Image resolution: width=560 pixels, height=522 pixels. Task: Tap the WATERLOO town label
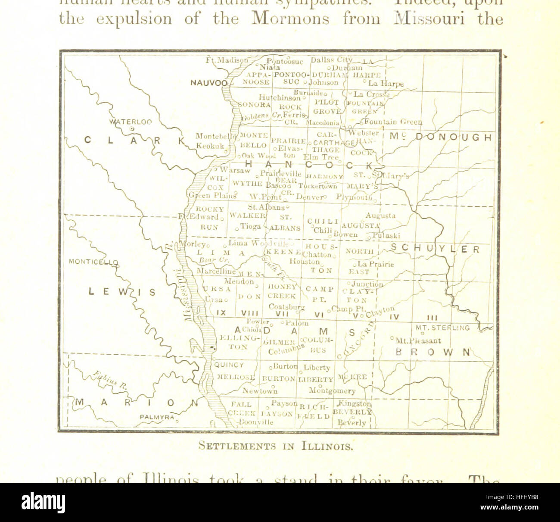pyautogui.click(x=131, y=122)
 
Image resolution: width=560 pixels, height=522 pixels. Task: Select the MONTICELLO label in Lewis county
pyautogui.click(x=93, y=262)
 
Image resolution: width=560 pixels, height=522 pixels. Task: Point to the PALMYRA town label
pyautogui.click(x=157, y=417)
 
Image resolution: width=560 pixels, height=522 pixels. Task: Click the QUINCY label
pyautogui.click(x=229, y=365)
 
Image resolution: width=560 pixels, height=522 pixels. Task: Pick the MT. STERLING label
pyautogui.click(x=442, y=328)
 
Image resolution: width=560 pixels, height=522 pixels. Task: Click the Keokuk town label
pyautogui.click(x=210, y=146)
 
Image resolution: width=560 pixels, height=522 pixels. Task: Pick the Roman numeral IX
pyautogui.click(x=221, y=313)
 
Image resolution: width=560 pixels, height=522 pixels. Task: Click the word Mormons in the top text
pyautogui.click(x=290, y=19)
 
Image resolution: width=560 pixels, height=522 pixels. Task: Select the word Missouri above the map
pyautogui.click(x=429, y=19)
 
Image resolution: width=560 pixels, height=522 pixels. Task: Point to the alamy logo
pyautogui.click(x=44, y=503)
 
